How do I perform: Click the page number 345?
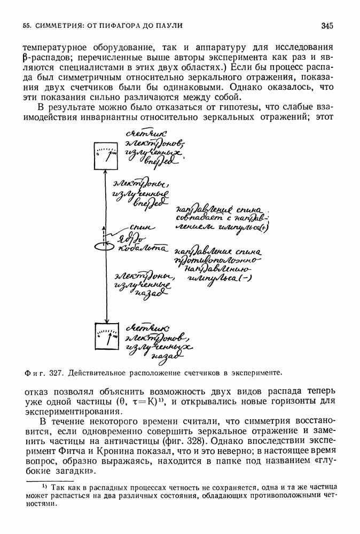pyautogui.click(x=327, y=25)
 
